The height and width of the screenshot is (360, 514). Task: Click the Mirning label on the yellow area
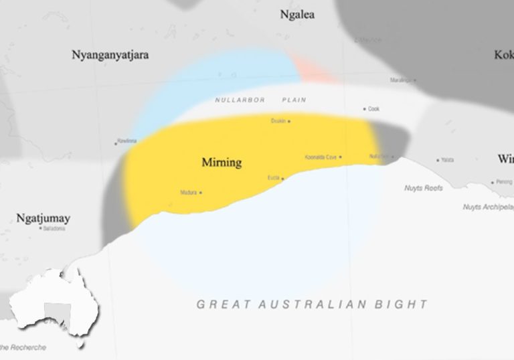pos(222,163)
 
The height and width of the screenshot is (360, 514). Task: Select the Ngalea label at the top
pos(298,14)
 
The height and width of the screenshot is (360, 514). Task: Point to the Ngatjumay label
pos(44,218)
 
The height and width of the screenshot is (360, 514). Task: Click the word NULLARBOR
pos(240,100)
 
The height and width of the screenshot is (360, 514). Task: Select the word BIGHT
pos(406,304)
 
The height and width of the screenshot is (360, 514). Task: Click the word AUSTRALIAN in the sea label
pos(312,304)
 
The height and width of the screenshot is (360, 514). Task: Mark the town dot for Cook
pos(365,109)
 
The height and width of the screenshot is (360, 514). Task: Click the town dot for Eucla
pos(282,179)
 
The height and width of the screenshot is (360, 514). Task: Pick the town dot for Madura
pos(201,193)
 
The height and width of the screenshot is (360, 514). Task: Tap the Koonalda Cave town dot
pos(341,157)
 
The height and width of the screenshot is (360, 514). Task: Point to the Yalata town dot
pos(438,160)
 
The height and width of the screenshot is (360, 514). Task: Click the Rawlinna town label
pos(127,141)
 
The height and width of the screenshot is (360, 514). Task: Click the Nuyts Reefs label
pos(424,188)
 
